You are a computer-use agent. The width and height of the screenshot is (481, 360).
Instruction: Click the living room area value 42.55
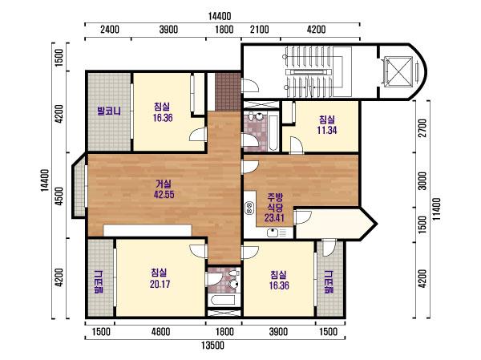(x=164, y=194)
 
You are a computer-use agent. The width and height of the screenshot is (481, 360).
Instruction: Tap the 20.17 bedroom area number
(x=160, y=284)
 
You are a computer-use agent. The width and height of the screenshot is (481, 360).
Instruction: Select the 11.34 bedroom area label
(x=327, y=130)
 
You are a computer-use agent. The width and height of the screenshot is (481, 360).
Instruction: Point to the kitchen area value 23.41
(x=274, y=217)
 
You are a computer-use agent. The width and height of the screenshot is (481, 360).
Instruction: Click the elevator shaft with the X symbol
(x=398, y=71)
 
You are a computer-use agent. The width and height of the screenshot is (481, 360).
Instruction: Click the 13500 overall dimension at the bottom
(x=212, y=346)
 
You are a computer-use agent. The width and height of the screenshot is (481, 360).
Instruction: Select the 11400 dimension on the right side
(x=437, y=208)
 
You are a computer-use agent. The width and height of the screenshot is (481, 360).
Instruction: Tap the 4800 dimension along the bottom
(x=160, y=332)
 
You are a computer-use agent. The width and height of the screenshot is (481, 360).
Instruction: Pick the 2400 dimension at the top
(x=110, y=30)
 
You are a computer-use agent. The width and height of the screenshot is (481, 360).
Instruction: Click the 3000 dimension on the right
(x=422, y=181)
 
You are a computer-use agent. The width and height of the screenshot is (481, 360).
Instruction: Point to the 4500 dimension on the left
(x=59, y=196)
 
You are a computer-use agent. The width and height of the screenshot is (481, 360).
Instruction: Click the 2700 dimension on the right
(x=422, y=128)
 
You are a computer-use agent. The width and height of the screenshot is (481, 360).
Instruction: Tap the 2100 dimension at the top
(x=260, y=30)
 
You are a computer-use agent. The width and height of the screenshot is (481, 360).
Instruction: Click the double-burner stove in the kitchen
(x=249, y=208)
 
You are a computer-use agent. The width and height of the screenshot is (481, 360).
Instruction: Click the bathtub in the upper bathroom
(x=273, y=132)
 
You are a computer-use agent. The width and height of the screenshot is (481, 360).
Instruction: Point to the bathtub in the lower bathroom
(x=224, y=300)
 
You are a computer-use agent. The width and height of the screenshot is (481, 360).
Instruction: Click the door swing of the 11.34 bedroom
(x=297, y=145)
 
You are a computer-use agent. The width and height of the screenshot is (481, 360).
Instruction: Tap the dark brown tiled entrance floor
(x=228, y=91)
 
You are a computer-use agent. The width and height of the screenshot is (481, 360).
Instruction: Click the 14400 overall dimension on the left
(x=45, y=180)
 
